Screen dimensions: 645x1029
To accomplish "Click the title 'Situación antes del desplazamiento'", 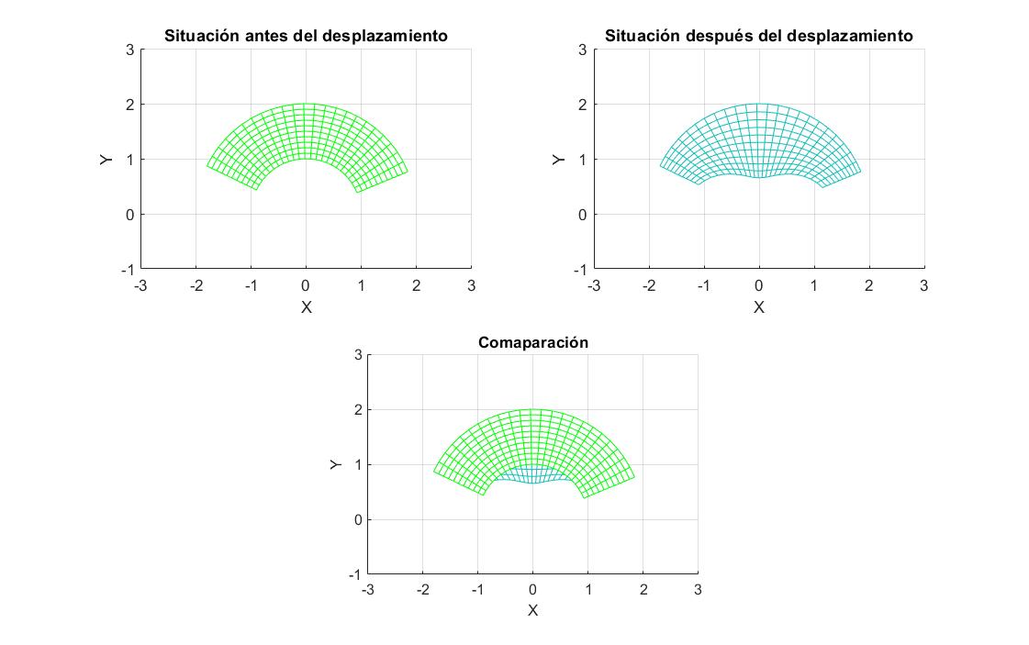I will (x=306, y=37).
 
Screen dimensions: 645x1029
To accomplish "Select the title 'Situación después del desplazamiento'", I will (x=759, y=37).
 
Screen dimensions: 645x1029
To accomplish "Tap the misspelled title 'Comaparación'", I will (x=532, y=342).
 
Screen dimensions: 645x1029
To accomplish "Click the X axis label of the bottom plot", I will (x=532, y=610).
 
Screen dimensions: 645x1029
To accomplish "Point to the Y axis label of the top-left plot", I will (x=106, y=160).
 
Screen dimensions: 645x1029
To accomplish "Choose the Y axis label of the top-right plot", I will (x=558, y=160).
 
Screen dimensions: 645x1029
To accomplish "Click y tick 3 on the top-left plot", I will (x=129, y=50).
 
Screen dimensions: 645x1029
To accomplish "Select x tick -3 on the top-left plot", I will (x=140, y=285).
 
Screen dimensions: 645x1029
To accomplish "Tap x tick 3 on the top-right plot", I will (x=923, y=285).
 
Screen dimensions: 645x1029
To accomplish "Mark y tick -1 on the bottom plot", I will (x=354, y=575).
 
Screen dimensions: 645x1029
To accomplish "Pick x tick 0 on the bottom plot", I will (x=532, y=590).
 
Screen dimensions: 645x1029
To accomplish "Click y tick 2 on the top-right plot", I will (x=582, y=105).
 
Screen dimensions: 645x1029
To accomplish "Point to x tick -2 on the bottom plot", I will (x=421, y=590).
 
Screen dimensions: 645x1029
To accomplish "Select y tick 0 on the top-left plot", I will (x=129, y=215).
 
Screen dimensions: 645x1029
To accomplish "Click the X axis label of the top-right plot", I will (x=759, y=306).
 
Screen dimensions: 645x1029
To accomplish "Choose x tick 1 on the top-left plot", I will (x=361, y=285).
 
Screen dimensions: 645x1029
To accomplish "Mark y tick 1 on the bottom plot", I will (x=356, y=465).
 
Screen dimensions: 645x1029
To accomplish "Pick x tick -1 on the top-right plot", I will (x=702, y=285).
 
